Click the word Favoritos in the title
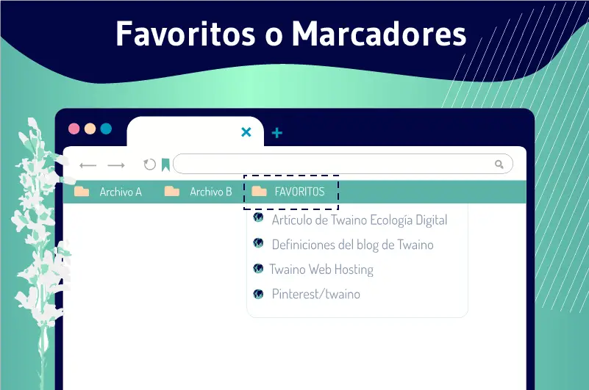click(x=186, y=34)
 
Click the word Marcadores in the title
click(x=379, y=34)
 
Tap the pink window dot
click(x=74, y=129)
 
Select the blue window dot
click(x=106, y=129)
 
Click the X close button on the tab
click(x=246, y=131)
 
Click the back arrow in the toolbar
click(x=88, y=165)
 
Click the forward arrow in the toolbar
click(x=116, y=165)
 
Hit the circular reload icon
click(x=149, y=165)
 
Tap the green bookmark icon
click(x=165, y=165)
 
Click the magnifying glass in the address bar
click(x=499, y=164)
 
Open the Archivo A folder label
click(x=121, y=192)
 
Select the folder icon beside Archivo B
click(x=172, y=191)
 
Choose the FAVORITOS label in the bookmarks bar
click(x=299, y=192)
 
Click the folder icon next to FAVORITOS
click(x=259, y=191)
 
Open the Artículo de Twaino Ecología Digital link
click(x=360, y=220)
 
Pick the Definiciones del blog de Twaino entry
click(x=353, y=245)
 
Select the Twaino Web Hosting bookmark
click(x=321, y=270)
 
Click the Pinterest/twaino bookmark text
click(x=316, y=294)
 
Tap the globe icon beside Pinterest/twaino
click(x=258, y=294)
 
